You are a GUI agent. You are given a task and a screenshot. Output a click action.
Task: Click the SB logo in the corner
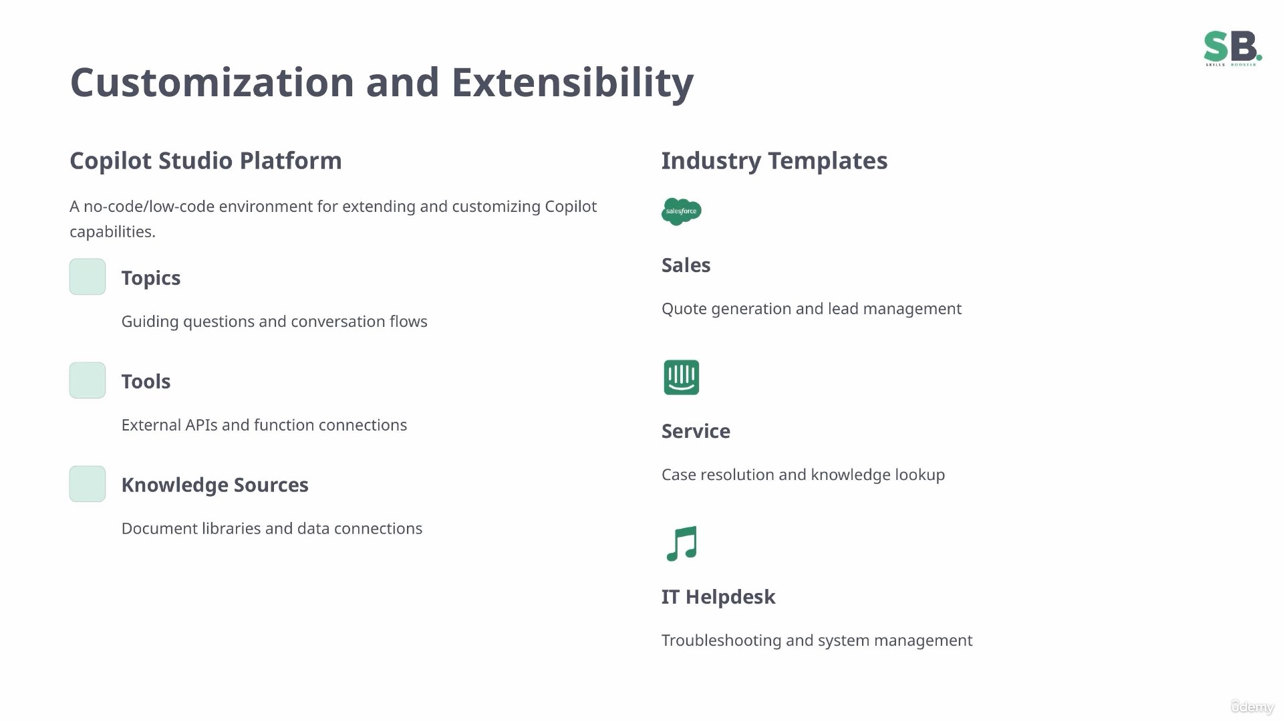pyautogui.click(x=1232, y=48)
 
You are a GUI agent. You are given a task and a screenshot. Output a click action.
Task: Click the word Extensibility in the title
pyautogui.click(x=573, y=82)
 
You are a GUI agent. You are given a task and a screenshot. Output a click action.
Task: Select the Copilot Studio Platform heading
pyautogui.click(x=206, y=161)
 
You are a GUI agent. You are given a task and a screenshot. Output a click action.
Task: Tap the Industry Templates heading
pyautogui.click(x=774, y=161)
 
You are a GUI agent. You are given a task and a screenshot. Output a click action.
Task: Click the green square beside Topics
pyautogui.click(x=88, y=277)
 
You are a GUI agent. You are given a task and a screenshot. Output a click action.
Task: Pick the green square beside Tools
pyautogui.click(x=88, y=380)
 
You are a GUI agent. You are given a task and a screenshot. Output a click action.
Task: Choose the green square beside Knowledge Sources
pyautogui.click(x=88, y=484)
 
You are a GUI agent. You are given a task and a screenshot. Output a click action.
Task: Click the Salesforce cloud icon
pyautogui.click(x=682, y=211)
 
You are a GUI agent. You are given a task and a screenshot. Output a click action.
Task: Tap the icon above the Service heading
pyautogui.click(x=682, y=378)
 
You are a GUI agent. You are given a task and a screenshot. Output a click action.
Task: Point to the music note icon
pyautogui.click(x=682, y=544)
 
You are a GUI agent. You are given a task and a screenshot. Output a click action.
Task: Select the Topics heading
pyautogui.click(x=151, y=278)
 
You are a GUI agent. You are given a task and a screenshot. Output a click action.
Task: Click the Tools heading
pyautogui.click(x=146, y=382)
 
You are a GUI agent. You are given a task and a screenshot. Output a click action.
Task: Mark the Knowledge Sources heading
pyautogui.click(x=215, y=485)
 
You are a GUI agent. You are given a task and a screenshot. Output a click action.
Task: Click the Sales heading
pyautogui.click(x=686, y=265)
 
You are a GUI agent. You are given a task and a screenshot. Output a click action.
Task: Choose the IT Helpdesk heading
pyautogui.click(x=718, y=597)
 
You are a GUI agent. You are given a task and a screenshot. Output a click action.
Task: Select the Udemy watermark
pyautogui.click(x=1252, y=707)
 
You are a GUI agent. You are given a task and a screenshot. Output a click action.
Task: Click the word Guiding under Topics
pyautogui.click(x=150, y=322)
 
